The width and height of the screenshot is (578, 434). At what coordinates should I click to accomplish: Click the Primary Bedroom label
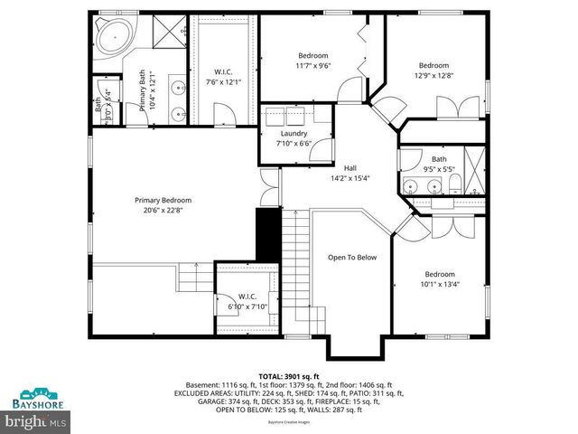coord(163,200)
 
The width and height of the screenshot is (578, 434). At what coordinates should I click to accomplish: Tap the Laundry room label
coord(294,134)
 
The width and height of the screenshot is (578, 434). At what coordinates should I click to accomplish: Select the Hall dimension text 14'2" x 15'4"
coord(350,177)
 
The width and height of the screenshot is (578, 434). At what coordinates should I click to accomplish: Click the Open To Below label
coord(351,258)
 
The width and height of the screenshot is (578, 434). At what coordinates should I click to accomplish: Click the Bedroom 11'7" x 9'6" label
coord(301,56)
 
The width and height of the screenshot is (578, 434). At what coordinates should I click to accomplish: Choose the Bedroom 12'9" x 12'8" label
coord(433,65)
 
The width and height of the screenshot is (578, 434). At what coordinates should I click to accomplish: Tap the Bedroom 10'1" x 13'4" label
coord(440,274)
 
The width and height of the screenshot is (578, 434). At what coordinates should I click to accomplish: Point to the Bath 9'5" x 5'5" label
coord(438,159)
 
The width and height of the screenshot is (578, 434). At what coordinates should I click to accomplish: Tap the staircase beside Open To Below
coord(296,271)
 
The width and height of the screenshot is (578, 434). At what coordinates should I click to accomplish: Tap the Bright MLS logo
coord(37,421)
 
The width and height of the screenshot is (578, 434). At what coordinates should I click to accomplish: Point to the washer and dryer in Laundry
coord(294,117)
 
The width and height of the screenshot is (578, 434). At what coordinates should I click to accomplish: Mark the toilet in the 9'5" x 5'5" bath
coord(456,187)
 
